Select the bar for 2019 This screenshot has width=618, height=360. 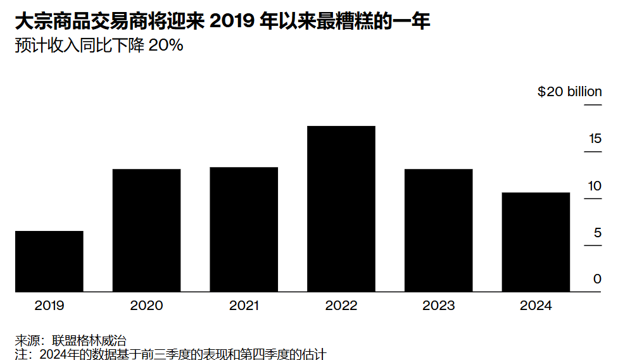click(49, 261)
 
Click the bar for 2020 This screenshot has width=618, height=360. click(146, 230)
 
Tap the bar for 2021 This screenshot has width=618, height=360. click(244, 230)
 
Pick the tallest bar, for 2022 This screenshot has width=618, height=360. click(341, 209)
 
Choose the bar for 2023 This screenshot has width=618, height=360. click(438, 230)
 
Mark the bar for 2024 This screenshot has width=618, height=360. click(536, 242)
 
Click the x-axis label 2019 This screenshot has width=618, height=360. click(49, 306)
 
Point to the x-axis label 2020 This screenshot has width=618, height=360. click(146, 306)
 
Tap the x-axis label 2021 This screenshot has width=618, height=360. click(244, 306)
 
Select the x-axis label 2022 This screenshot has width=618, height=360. click(341, 306)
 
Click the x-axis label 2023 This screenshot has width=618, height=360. click(438, 306)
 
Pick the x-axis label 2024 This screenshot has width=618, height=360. click(536, 306)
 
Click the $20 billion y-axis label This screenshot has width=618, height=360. click(569, 92)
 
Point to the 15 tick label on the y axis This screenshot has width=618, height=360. click(595, 139)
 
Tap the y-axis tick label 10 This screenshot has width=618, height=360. click(595, 186)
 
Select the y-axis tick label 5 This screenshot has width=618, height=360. click(598, 233)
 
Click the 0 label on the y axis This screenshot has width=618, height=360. click(598, 279)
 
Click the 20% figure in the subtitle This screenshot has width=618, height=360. click(165, 46)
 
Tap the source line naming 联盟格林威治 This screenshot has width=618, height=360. click(74, 340)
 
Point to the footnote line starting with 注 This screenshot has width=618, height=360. click(170, 354)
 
